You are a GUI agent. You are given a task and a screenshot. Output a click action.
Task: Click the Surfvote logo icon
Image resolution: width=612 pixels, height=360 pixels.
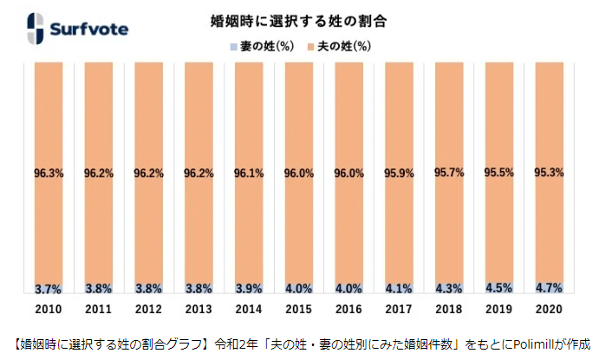(36, 29)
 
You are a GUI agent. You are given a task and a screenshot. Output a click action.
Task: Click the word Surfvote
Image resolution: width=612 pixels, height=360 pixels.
(89, 29)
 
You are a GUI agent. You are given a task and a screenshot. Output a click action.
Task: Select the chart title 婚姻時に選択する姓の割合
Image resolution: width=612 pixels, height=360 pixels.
(298, 21)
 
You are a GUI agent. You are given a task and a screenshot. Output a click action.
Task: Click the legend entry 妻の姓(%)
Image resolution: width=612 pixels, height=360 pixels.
(262, 47)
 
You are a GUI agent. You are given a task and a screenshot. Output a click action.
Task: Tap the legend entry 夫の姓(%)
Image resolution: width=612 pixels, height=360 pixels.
(339, 47)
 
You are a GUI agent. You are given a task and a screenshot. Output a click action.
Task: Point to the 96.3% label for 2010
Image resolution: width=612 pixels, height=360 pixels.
(49, 173)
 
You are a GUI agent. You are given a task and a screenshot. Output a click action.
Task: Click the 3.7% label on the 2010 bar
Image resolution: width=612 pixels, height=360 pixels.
(49, 289)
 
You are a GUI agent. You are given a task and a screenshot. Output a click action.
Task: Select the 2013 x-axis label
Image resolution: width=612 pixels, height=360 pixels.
(199, 309)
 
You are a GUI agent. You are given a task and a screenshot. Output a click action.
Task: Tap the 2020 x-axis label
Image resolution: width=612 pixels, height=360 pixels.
(549, 309)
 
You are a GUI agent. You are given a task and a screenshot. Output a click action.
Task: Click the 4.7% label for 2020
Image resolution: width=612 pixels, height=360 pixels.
(549, 288)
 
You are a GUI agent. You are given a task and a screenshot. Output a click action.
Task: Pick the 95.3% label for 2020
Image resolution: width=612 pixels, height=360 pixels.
(549, 172)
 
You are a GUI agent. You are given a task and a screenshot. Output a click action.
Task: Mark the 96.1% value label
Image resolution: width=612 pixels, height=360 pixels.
(249, 173)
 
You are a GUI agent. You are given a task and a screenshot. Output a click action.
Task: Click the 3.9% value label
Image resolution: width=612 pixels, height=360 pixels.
(249, 289)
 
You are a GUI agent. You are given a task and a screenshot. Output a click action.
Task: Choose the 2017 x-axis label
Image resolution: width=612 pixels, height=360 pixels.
(399, 309)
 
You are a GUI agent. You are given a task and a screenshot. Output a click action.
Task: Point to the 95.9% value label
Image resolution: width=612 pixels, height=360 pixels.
(399, 173)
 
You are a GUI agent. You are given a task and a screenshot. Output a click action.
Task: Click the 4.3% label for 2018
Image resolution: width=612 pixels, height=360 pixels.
(449, 289)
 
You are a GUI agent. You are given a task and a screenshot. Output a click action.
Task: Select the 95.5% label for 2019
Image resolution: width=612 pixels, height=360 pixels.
(498, 172)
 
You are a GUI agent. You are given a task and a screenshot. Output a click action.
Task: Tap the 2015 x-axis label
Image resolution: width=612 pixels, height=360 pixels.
(298, 309)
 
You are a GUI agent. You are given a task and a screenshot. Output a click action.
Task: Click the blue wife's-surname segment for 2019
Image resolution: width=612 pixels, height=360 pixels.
(498, 288)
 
